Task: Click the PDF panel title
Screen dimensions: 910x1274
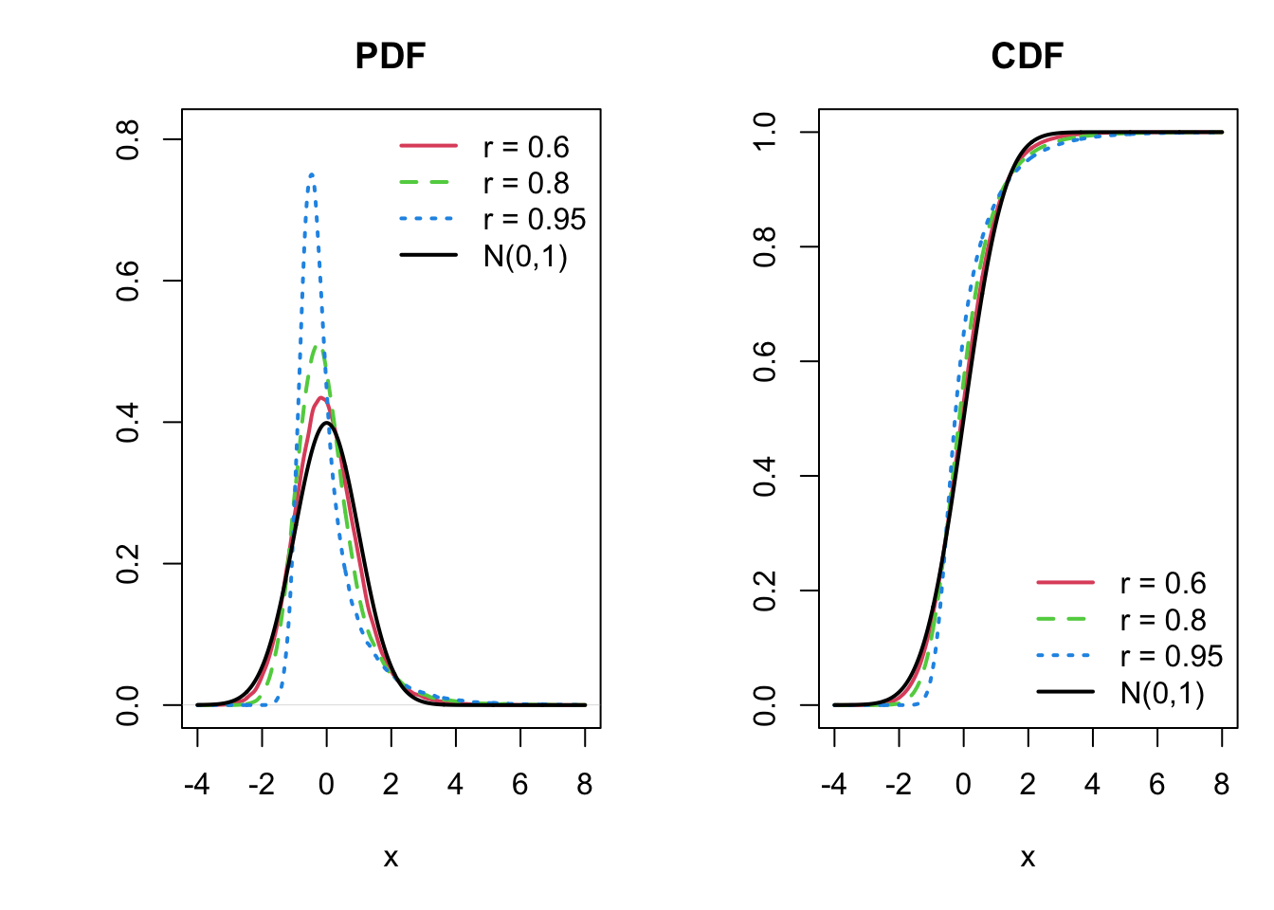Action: click(391, 56)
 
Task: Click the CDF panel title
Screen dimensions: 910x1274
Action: click(1028, 56)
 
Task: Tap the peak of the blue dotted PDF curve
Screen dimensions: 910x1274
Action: click(311, 174)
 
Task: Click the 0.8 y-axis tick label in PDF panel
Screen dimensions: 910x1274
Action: click(128, 139)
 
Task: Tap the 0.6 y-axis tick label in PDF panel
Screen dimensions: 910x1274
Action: click(128, 281)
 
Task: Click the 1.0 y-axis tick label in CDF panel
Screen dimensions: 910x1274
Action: click(765, 132)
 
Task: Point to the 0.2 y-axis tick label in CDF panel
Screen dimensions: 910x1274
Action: click(765, 591)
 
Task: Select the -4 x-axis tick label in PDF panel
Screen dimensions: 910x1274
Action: click(196, 784)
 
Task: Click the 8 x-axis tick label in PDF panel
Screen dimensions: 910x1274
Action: click(585, 784)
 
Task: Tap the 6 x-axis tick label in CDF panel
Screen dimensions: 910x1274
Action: click(1156, 784)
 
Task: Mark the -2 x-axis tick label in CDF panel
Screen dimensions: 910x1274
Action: click(898, 784)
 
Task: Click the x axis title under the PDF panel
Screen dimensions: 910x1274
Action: click(391, 858)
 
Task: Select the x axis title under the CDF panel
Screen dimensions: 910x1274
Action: click(1028, 858)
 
